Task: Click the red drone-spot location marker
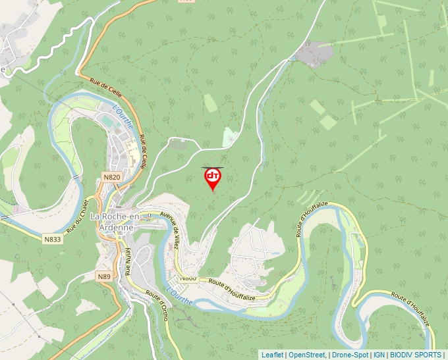(x=213, y=178)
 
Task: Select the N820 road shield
(x=112, y=177)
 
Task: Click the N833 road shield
(x=53, y=239)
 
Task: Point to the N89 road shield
(x=104, y=276)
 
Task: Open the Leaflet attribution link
(x=272, y=355)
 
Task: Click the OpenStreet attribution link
(x=307, y=355)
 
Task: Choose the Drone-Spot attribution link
(x=350, y=355)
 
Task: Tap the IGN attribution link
(x=379, y=355)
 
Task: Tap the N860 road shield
(x=188, y=278)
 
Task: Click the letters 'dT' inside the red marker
(x=213, y=176)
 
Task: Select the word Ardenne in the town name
(x=116, y=227)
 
